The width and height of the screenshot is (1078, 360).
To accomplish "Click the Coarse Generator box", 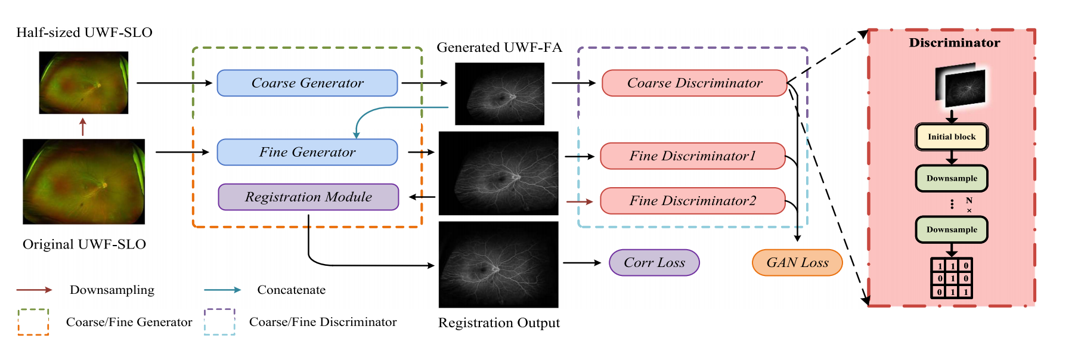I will click(x=307, y=83).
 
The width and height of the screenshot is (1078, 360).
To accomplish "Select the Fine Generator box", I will click(x=307, y=152).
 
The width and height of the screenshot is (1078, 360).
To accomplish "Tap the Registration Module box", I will click(x=308, y=197).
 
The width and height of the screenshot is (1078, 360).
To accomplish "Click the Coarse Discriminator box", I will click(x=695, y=83).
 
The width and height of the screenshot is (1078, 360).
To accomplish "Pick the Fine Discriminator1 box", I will click(x=692, y=156).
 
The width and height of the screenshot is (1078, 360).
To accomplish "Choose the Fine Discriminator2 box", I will click(x=692, y=201).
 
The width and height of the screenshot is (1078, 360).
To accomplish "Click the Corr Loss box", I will click(x=654, y=263).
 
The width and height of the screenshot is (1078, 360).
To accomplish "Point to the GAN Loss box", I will click(x=797, y=263).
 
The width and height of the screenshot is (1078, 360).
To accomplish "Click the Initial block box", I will click(x=952, y=136).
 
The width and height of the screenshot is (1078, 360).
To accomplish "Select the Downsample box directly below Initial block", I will click(x=952, y=178).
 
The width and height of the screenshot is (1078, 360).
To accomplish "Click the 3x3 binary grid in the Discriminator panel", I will click(x=952, y=278).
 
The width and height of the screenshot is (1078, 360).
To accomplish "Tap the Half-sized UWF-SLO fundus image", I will click(x=83, y=82).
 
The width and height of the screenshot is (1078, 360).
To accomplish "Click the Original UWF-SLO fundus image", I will click(x=83, y=182).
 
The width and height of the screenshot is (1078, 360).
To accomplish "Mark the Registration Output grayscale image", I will click(x=498, y=265).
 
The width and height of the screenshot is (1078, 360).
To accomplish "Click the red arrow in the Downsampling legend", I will click(x=35, y=290).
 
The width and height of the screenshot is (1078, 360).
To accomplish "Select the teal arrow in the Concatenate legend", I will click(x=222, y=290).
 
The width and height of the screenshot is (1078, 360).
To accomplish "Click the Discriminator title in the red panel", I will click(x=954, y=43).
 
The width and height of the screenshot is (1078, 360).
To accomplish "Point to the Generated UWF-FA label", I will click(x=499, y=48).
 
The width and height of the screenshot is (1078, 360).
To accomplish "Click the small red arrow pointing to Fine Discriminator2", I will click(x=579, y=202).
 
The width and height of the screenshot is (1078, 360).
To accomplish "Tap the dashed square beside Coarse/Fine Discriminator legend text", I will click(x=219, y=322).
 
